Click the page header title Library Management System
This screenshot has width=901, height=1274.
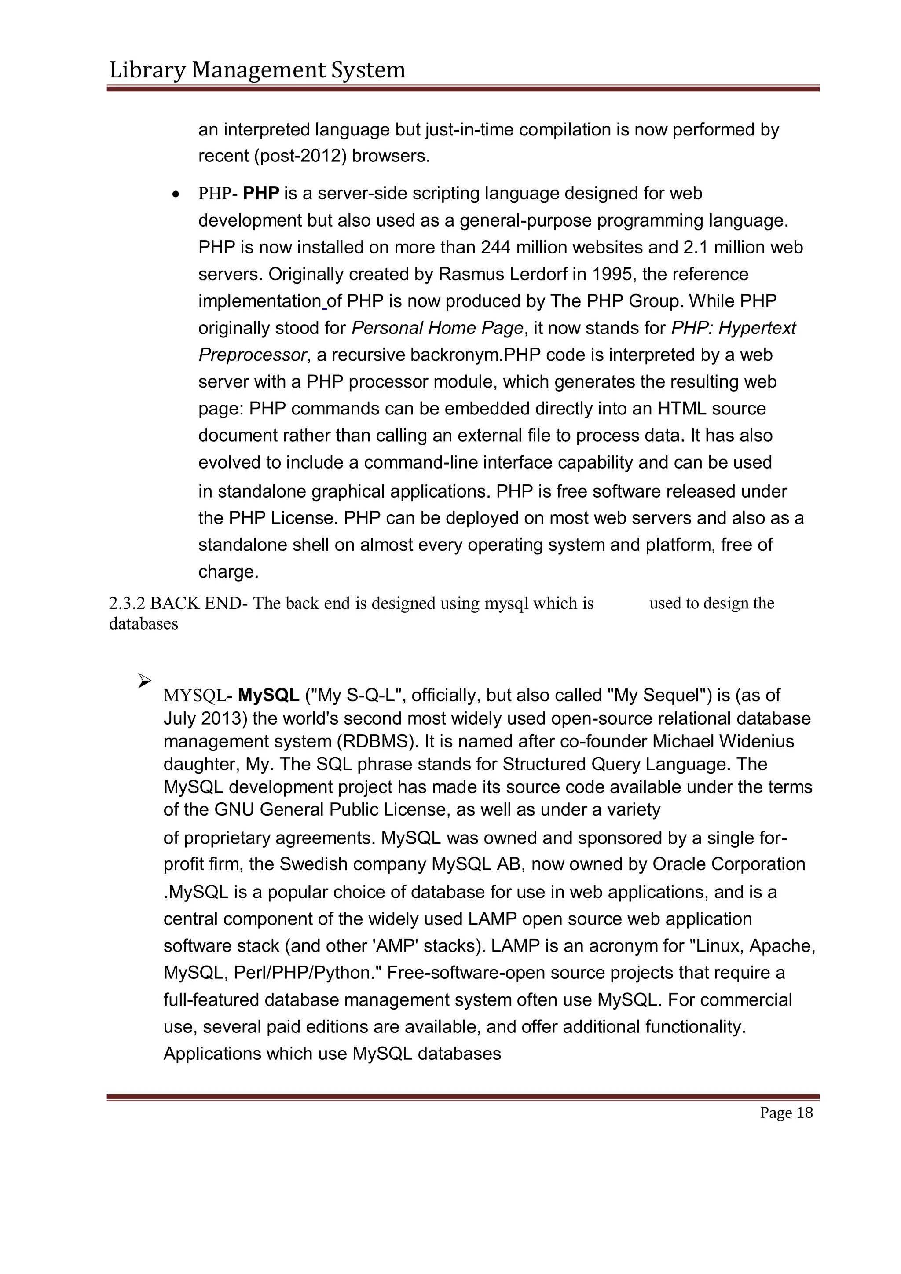coord(257,70)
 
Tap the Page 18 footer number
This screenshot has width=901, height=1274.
coord(786,1113)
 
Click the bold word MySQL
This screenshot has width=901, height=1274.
coord(268,695)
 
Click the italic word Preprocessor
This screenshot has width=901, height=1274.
coord(253,355)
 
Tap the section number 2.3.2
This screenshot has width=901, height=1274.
coord(127,604)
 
